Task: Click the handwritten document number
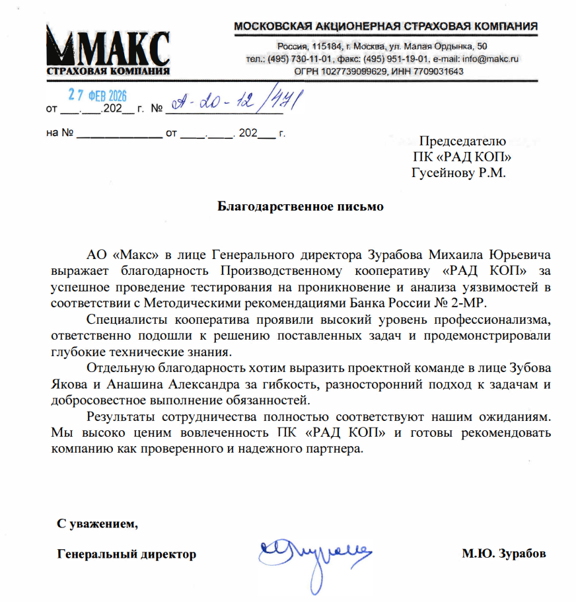pos(234,102)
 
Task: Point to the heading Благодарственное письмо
pos(301,206)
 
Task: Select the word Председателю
pos(463,141)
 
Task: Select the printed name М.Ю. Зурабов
pos(504,554)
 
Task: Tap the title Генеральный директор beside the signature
pos(127,554)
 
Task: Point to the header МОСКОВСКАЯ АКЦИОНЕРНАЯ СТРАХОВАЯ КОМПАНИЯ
pos(386,26)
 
